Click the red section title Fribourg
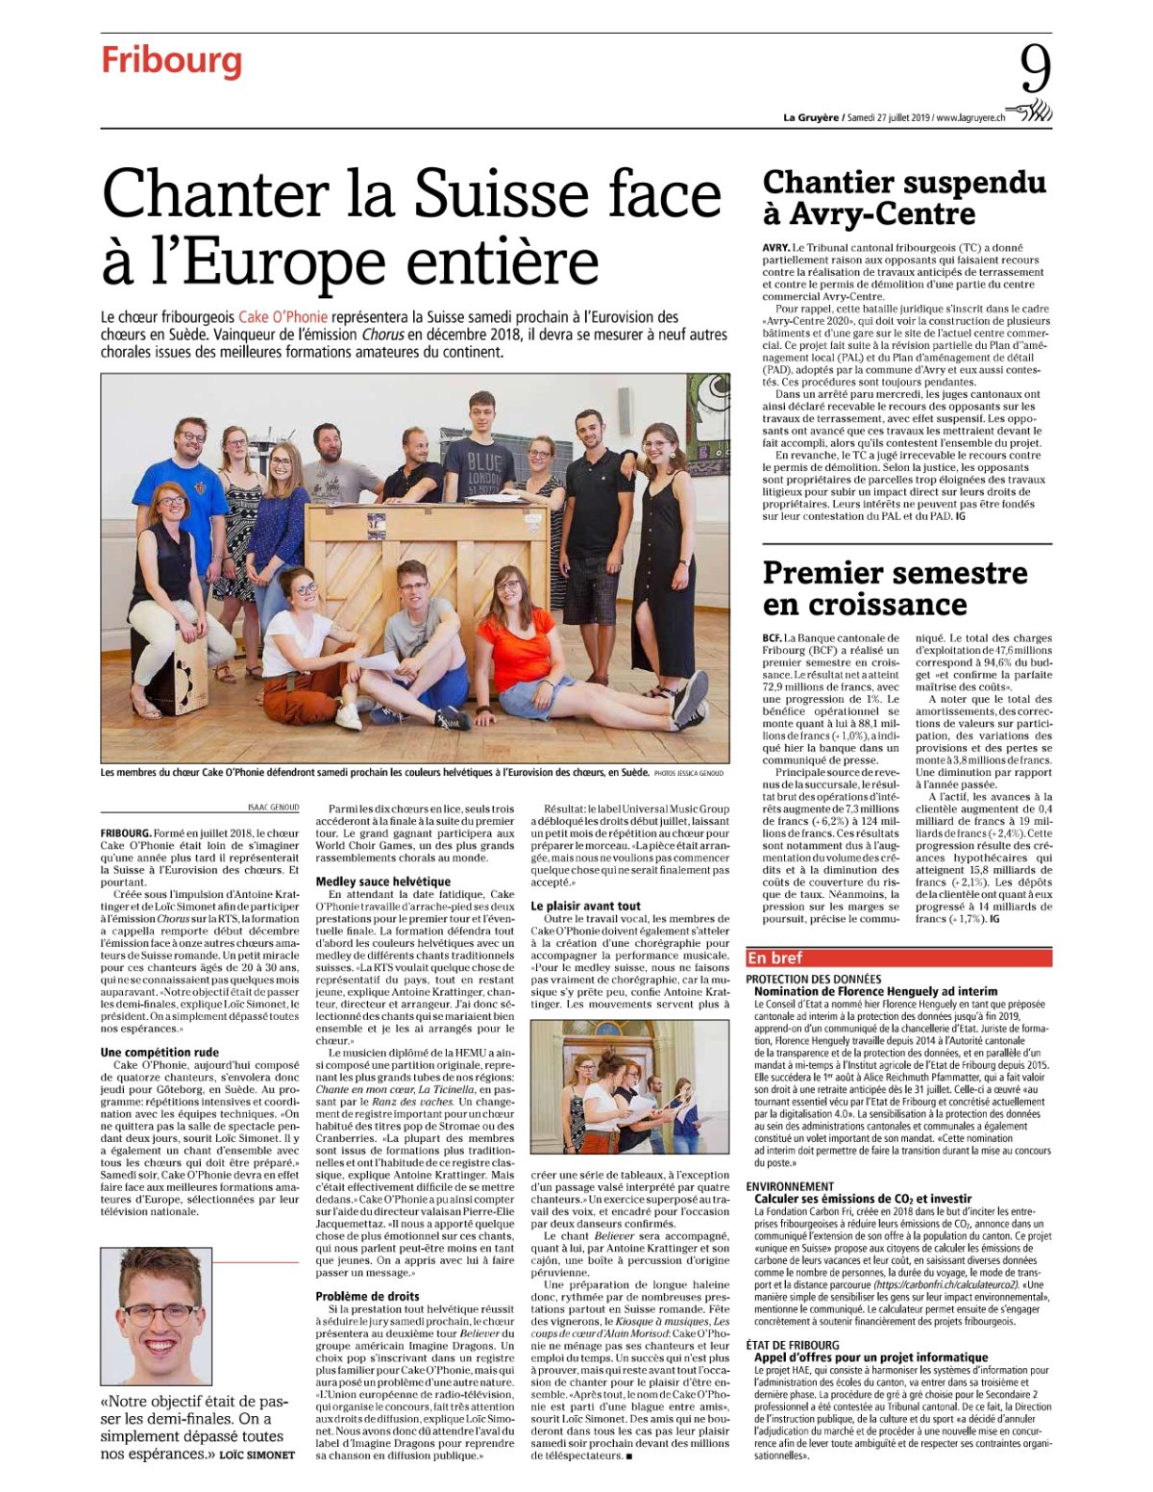click(x=171, y=61)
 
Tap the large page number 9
click(x=1035, y=70)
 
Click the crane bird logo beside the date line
click(x=1032, y=112)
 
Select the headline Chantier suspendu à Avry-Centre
click(x=903, y=197)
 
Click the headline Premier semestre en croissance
click(x=894, y=588)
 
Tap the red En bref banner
click(x=897, y=957)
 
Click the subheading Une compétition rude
click(x=159, y=1052)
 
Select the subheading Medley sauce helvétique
click(x=382, y=881)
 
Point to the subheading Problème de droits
click(x=367, y=1296)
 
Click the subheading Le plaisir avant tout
click(x=585, y=906)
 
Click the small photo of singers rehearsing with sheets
click(x=629, y=1086)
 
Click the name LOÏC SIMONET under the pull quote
click(x=257, y=1455)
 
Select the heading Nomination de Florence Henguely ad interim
click(x=875, y=991)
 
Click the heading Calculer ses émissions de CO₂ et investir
click(x=863, y=1199)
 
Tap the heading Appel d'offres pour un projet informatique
click(x=871, y=1357)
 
